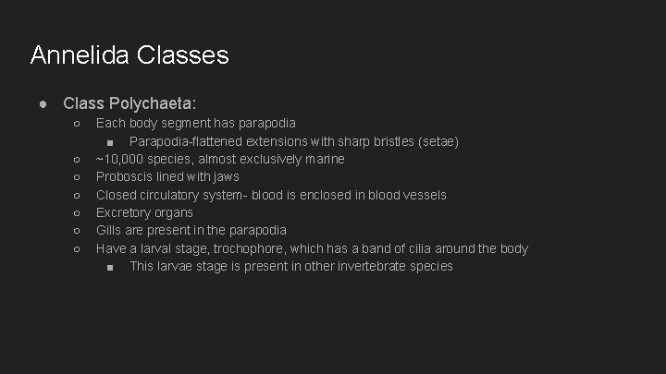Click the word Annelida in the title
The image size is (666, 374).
tap(80, 55)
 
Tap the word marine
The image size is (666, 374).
tap(323, 159)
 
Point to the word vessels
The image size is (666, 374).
tap(425, 195)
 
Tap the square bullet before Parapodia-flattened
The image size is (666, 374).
tap(110, 142)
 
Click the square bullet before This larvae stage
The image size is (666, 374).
tap(110, 267)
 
